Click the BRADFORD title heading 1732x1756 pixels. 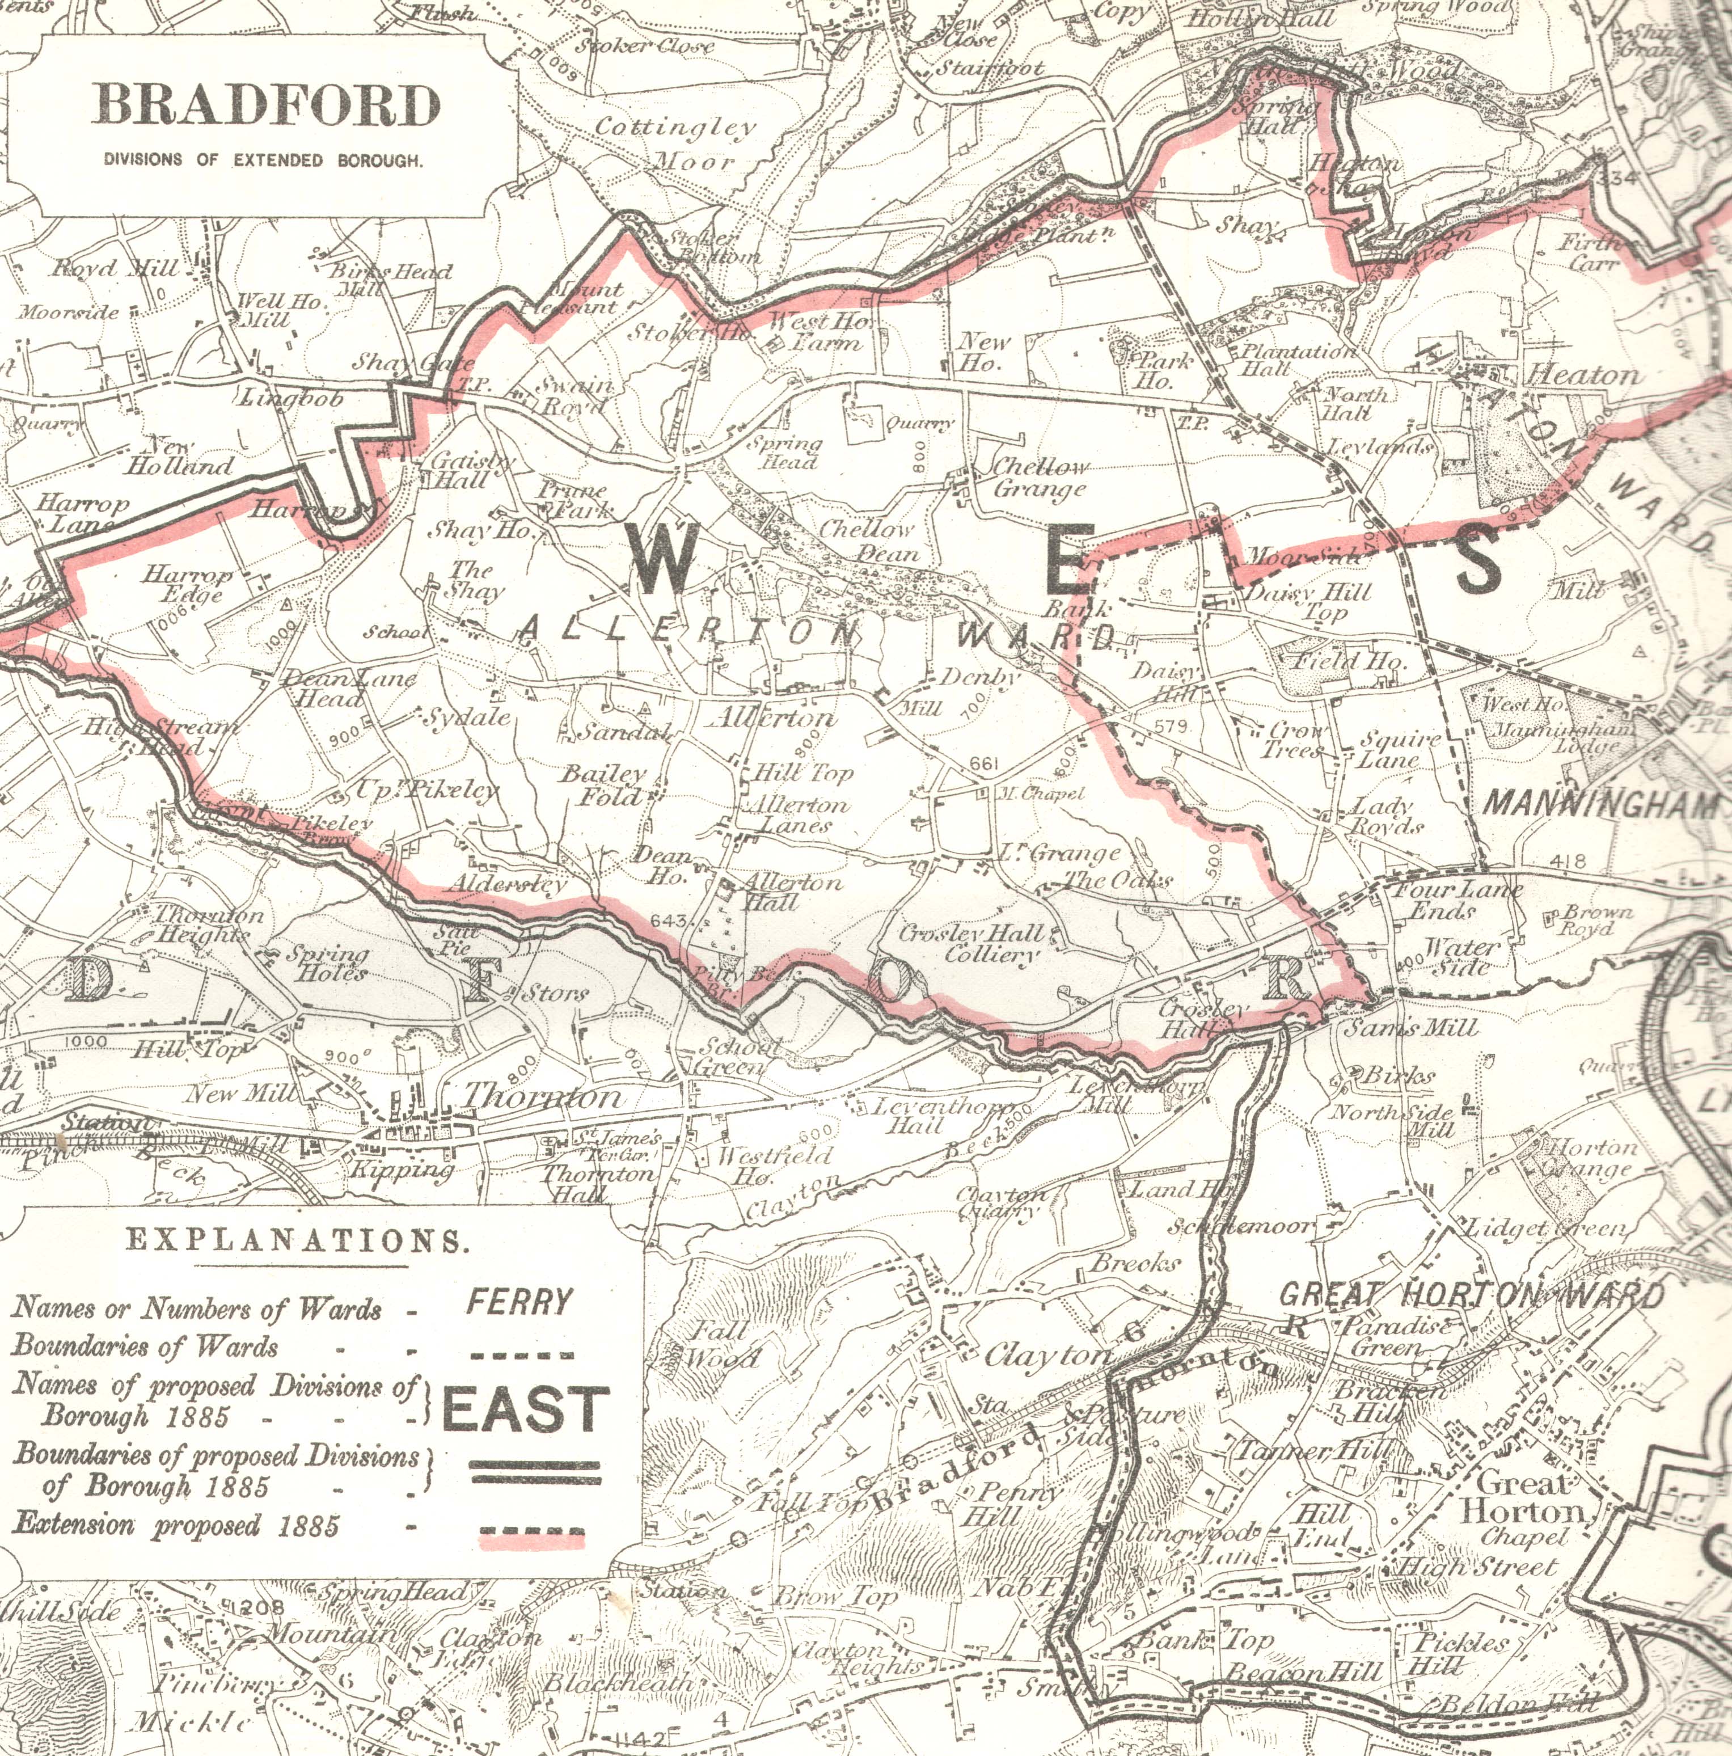coord(266,105)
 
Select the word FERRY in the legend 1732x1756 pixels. coord(521,1302)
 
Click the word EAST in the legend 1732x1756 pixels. coord(525,1408)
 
